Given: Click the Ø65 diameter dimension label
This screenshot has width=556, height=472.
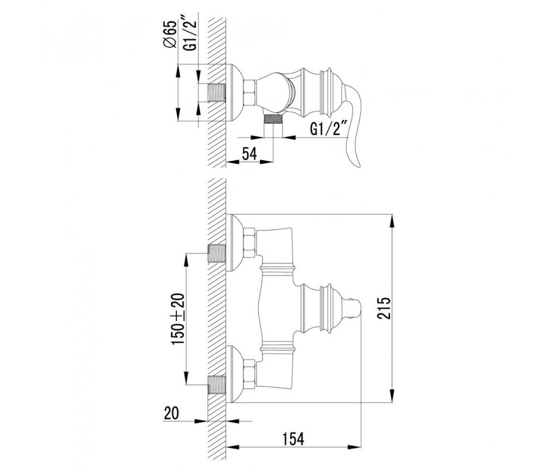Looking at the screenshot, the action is point(170,34).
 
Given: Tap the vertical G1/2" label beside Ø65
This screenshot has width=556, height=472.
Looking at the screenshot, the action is point(190,34).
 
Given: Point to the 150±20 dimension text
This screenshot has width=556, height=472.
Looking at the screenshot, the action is point(178,320).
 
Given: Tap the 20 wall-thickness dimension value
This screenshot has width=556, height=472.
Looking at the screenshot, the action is point(172,413).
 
